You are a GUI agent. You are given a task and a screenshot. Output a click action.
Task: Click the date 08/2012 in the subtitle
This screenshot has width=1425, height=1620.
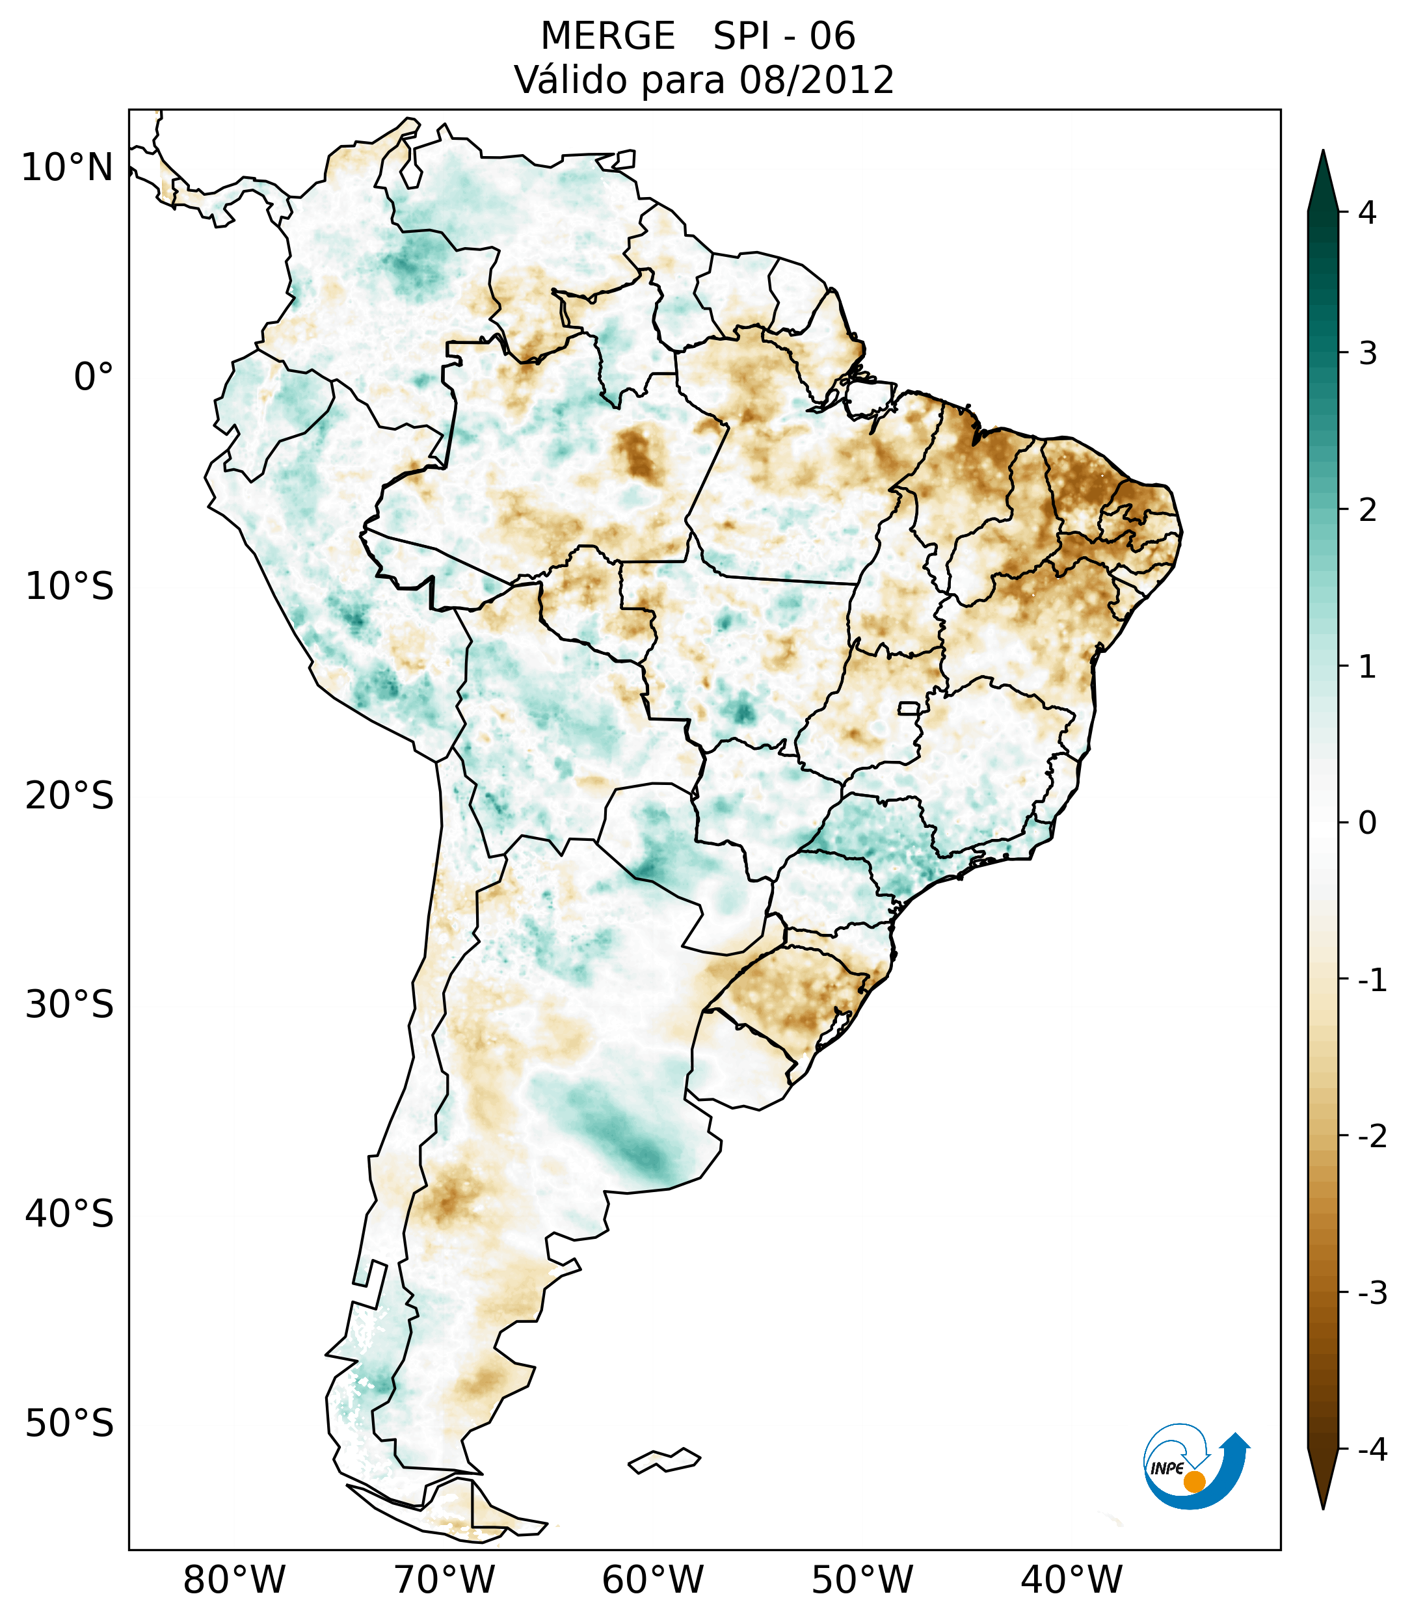(816, 80)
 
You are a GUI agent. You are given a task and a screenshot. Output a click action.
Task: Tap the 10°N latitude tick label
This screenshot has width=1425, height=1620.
(66, 168)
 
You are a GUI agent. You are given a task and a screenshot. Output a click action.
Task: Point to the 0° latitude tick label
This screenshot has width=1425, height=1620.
(94, 377)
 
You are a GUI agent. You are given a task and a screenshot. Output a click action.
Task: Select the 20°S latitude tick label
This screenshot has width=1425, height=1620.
(70, 796)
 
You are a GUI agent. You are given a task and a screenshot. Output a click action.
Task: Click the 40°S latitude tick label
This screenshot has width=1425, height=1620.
(70, 1214)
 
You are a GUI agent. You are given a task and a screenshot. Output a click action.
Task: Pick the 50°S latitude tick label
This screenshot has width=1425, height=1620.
(70, 1424)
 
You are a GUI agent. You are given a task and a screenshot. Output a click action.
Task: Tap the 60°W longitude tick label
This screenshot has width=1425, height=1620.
(652, 1580)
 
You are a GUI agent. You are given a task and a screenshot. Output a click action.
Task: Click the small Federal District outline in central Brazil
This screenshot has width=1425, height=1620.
(909, 707)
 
